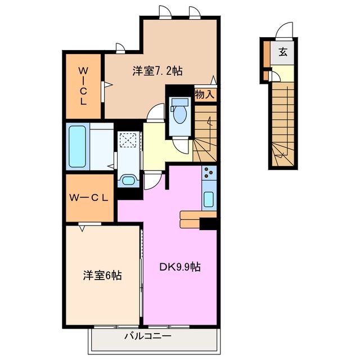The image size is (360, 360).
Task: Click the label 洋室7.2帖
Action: (x=157, y=71)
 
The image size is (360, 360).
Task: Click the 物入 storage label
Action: (x=205, y=94)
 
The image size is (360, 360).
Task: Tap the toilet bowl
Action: (x=180, y=113)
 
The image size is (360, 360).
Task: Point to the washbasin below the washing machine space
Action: (x=128, y=181)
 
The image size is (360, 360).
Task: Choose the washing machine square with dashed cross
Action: (x=128, y=140)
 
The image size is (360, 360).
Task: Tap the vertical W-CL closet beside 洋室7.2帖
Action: (x=83, y=86)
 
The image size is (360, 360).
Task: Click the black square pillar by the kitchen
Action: (x=209, y=224)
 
